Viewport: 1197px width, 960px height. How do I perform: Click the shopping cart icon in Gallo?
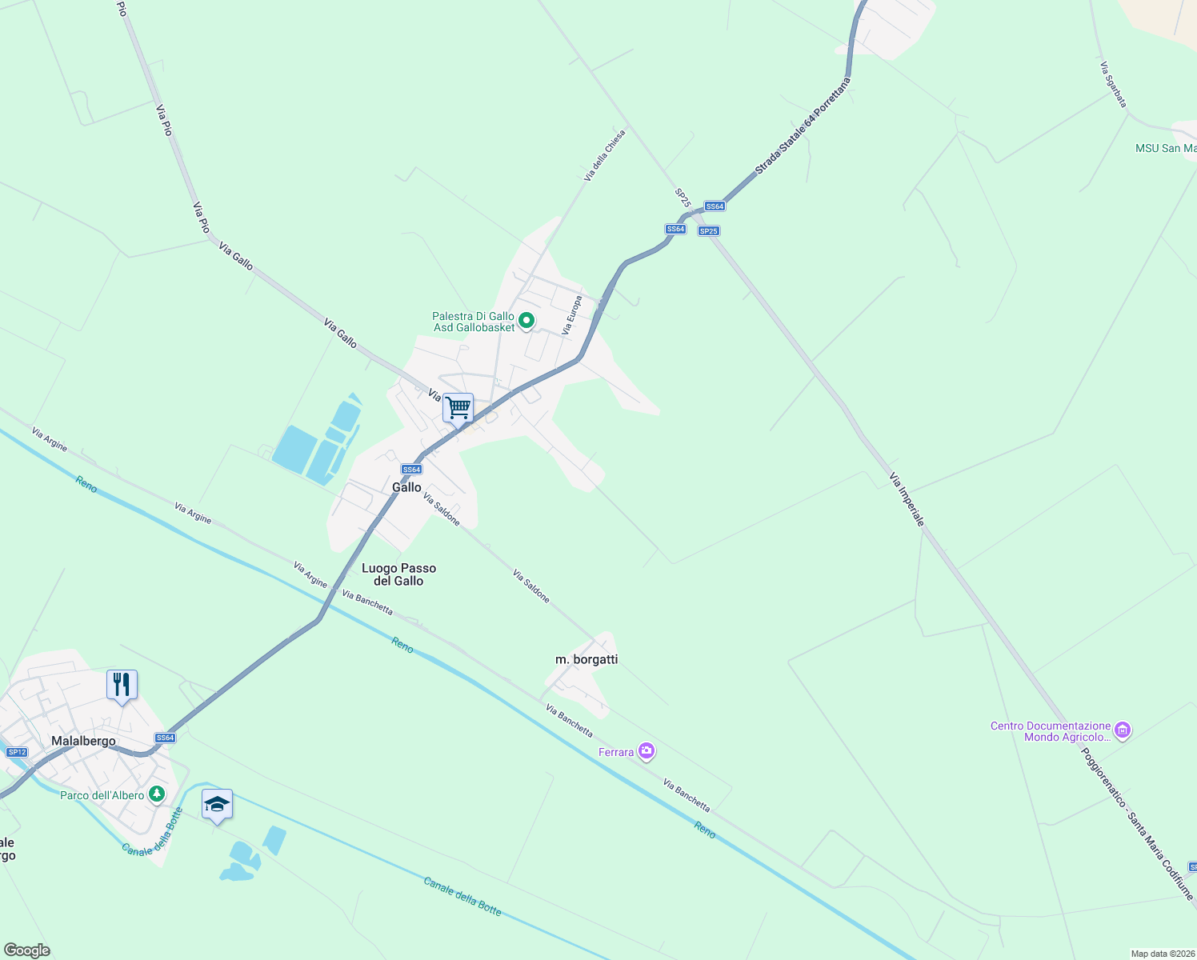tap(458, 408)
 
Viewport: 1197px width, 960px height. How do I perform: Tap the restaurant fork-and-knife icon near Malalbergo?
tap(122, 685)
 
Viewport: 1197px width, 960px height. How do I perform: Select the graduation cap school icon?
tap(217, 804)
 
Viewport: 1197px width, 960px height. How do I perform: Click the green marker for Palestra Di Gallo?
tap(526, 322)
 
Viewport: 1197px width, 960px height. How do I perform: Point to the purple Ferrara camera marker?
tap(647, 751)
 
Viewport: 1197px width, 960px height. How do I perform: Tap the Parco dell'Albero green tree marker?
tap(157, 794)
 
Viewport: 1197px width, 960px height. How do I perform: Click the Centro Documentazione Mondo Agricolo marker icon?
tap(1123, 730)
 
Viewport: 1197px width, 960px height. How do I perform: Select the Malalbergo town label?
tap(83, 741)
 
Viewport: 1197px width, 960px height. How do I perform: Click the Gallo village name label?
tap(406, 487)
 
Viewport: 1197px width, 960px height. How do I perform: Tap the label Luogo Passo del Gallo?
tap(398, 574)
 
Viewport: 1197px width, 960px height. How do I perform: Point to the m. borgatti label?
tap(586, 659)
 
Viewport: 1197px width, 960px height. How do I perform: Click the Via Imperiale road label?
tap(907, 499)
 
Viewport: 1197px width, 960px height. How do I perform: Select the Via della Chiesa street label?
tap(604, 156)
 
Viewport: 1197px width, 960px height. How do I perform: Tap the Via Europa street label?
tap(571, 315)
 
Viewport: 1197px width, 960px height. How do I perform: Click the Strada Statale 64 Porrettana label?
tap(803, 126)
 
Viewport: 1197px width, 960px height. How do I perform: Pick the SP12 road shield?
tap(17, 752)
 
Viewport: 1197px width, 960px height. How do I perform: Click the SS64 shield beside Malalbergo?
tap(165, 738)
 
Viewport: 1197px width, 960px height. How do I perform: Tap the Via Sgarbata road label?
tap(1113, 85)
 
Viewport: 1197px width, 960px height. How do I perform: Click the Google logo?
tap(26, 950)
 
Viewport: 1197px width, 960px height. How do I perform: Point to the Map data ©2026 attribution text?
tap(1162, 954)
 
